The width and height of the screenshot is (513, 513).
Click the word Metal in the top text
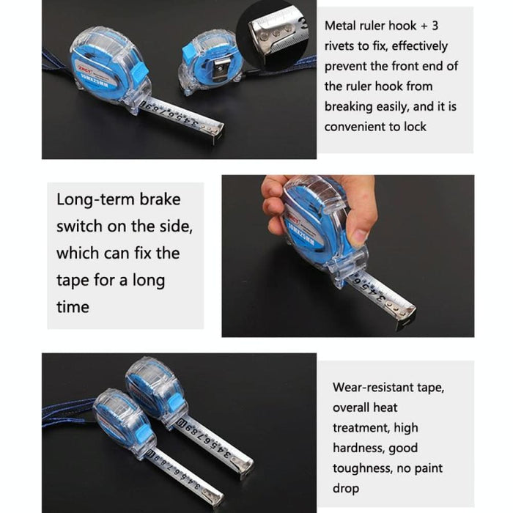tap(342, 26)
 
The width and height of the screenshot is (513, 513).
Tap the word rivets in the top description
tap(341, 46)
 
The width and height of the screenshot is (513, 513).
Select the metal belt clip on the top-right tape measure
tap(219, 70)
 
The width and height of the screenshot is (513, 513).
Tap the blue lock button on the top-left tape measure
tap(139, 71)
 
